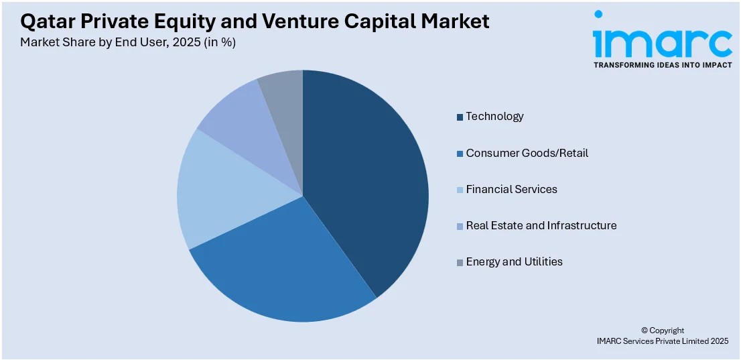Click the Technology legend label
coord(494,117)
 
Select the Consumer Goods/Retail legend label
coord(527,154)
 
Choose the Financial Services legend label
coord(511,190)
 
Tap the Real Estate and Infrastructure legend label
coord(541,226)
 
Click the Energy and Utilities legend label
coord(514,262)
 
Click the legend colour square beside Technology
coord(460,117)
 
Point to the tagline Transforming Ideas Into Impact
coord(662,65)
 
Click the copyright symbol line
coord(662,331)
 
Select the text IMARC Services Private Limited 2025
coord(662,341)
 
